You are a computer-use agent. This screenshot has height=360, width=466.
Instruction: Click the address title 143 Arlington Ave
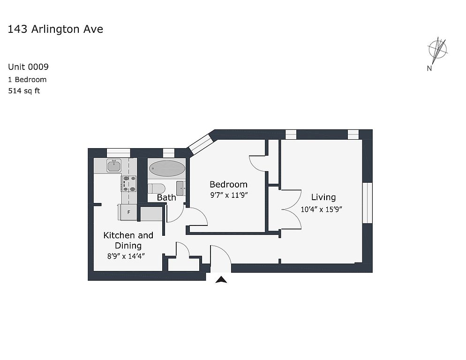[55, 29]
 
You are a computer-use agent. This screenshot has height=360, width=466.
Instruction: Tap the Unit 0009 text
[28, 67]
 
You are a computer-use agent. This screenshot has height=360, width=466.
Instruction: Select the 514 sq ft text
[24, 91]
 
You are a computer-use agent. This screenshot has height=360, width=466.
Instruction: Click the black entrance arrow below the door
[221, 280]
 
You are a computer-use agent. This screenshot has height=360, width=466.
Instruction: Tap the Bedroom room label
[228, 184]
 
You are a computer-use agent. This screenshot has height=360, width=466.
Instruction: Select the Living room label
[323, 197]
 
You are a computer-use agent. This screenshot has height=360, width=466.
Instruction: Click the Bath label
[166, 197]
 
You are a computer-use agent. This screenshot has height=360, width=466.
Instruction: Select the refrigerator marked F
[128, 212]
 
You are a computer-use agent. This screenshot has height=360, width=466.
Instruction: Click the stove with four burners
[129, 183]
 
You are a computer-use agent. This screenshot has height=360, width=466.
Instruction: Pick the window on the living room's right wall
[368, 203]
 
